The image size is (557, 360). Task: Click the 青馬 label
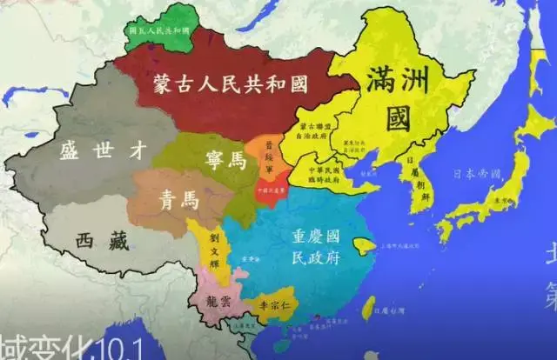click(178, 201)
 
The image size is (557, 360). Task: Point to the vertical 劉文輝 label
click(211, 250)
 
